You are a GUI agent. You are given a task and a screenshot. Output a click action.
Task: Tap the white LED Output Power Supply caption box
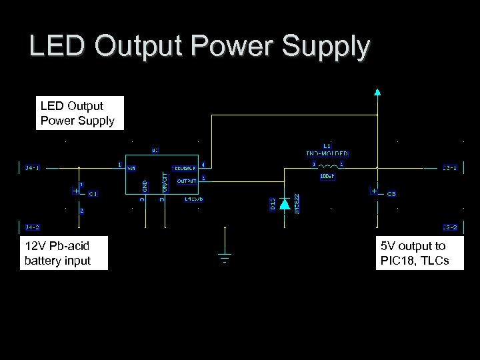79,113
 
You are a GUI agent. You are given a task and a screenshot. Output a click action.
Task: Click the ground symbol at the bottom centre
225,257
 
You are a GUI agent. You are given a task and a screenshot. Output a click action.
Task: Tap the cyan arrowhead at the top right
378,93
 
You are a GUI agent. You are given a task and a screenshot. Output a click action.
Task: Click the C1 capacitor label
93,194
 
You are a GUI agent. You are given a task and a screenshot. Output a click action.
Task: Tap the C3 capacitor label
391,194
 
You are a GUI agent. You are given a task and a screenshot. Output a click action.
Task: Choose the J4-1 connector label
32,168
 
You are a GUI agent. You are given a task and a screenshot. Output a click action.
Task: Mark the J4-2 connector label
32,227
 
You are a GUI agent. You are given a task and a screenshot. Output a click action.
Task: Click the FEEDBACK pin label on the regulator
185,168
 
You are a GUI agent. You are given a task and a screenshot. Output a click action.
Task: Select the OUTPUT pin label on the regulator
187,180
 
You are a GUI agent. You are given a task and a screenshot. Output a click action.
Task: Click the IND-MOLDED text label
327,153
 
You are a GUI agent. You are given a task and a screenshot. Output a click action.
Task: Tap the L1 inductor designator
327,145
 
